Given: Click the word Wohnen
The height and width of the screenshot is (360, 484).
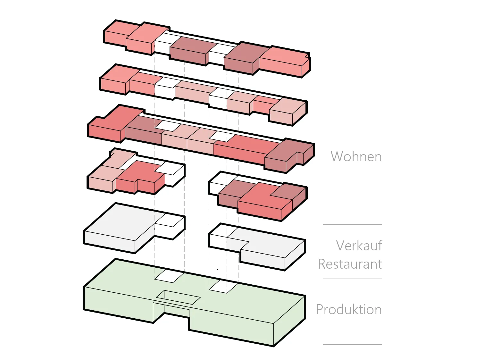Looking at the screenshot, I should (x=356, y=157).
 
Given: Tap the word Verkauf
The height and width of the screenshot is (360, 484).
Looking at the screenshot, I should (x=359, y=246).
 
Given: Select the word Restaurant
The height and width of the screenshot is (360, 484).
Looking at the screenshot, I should (x=350, y=264).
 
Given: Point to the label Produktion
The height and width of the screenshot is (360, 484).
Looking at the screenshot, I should (x=349, y=310).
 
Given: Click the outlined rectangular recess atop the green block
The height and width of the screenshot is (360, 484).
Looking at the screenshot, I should (x=178, y=297).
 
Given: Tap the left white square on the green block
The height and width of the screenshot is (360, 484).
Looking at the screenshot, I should (x=169, y=276).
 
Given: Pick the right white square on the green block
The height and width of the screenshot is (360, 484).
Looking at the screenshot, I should (x=223, y=286).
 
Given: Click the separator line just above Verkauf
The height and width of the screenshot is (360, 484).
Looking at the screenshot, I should (x=352, y=224).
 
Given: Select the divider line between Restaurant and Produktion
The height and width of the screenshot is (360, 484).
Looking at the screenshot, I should (x=352, y=279).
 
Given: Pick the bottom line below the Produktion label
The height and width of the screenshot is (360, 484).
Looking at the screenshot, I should (x=352, y=344).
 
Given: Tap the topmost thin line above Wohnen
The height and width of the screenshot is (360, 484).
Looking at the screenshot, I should (x=352, y=12).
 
